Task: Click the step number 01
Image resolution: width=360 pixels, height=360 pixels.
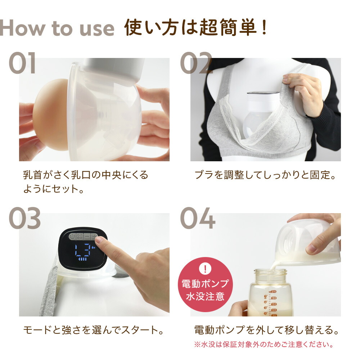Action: pyautogui.click(x=22, y=63)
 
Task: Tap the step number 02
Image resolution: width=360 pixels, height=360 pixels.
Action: pyautogui.click(x=196, y=63)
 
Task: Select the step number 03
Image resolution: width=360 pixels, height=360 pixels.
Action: pyautogui.click(x=24, y=219)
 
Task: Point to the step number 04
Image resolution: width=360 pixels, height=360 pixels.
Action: pyautogui.click(x=198, y=219)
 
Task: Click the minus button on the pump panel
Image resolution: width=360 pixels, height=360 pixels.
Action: pyautogui.click(x=87, y=237)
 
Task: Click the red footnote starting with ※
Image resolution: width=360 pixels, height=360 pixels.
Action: pyautogui.click(x=263, y=345)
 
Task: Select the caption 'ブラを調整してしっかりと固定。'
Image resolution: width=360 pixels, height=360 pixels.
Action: pyautogui.click(x=265, y=175)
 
